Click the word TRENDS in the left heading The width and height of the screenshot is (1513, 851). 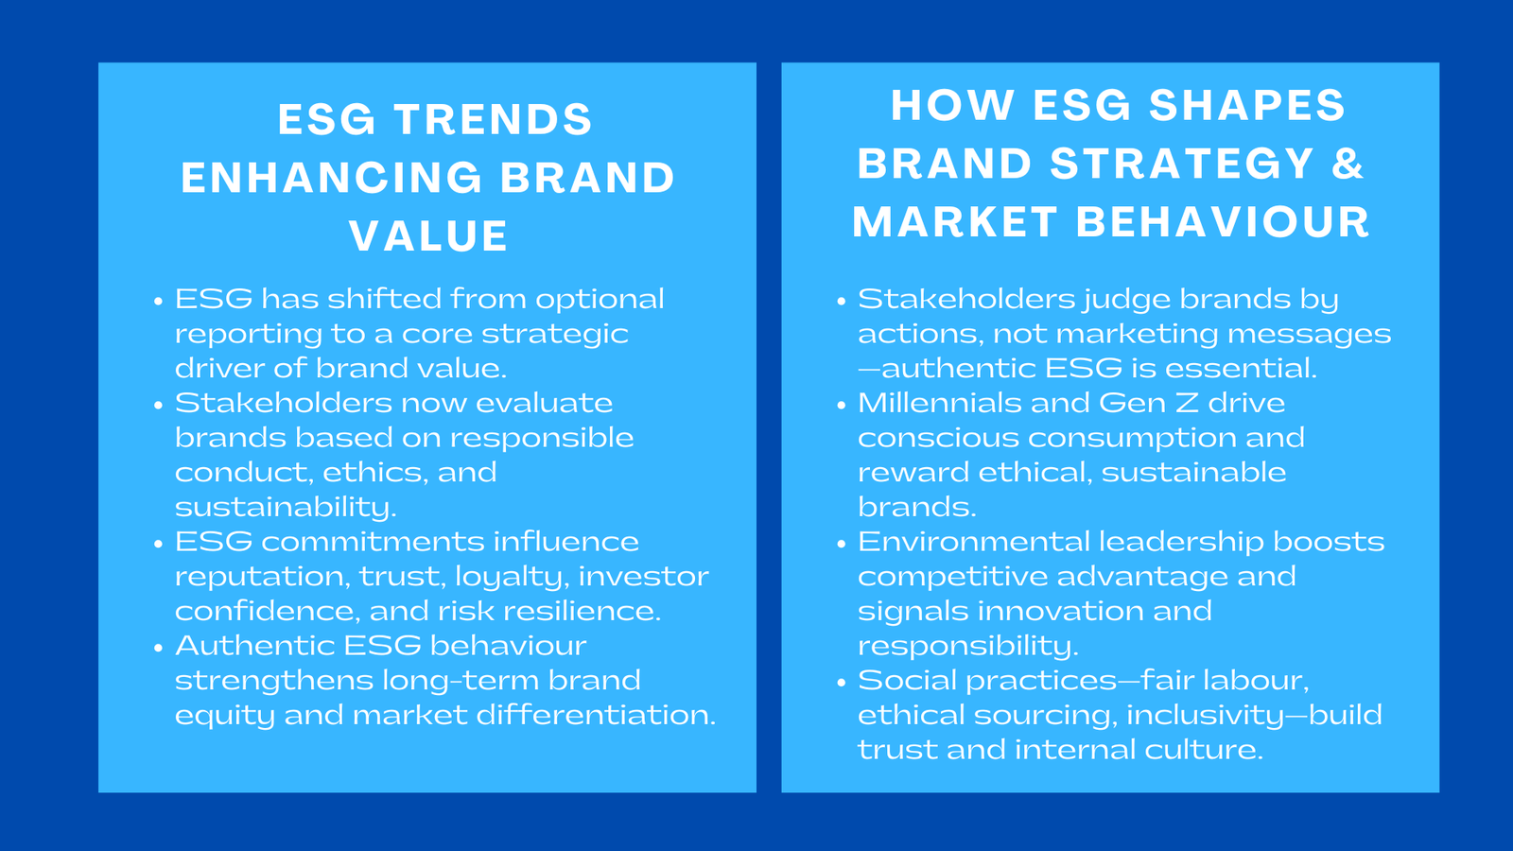(493, 120)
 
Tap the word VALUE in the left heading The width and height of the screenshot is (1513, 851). (428, 236)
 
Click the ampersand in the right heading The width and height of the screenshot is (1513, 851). (1347, 164)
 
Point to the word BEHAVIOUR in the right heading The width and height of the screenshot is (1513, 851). (1223, 222)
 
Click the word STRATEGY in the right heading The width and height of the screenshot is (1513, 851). (1182, 164)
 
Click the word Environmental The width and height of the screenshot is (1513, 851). (973, 542)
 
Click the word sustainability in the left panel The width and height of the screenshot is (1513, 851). (284, 508)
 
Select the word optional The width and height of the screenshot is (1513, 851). (600, 300)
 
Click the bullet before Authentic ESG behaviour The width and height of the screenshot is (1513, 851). (159, 648)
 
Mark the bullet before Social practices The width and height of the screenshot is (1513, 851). (842, 683)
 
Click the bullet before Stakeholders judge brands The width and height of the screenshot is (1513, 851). (842, 302)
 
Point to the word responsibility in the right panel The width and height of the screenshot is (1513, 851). (966, 646)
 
